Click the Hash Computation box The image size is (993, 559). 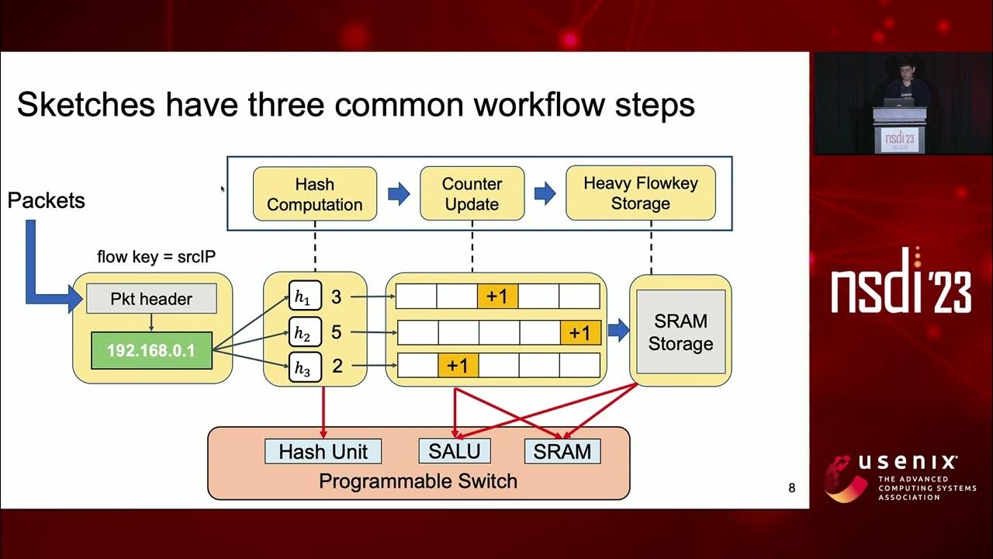(314, 194)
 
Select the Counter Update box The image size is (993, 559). (472, 194)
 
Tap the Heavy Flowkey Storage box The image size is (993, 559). (640, 193)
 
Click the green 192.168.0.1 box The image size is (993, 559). (151, 351)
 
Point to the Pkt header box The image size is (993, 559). (151, 299)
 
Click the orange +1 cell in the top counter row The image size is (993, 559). (497, 297)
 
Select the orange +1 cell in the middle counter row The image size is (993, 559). (580, 333)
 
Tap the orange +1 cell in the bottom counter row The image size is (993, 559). (458, 366)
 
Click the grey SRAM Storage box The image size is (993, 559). (680, 332)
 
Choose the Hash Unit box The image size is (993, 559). (324, 451)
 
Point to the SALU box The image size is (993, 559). (455, 451)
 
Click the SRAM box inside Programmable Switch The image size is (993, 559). (562, 451)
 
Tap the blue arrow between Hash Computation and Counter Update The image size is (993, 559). (399, 193)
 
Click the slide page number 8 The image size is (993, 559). (791, 488)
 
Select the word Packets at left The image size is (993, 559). (46, 201)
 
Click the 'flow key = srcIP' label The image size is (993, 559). (156, 256)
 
